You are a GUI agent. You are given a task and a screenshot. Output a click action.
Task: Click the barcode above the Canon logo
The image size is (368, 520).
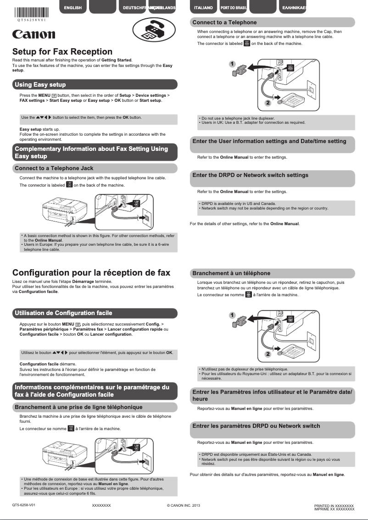click(30, 12)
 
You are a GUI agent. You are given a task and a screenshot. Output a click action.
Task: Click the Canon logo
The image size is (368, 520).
click(34, 35)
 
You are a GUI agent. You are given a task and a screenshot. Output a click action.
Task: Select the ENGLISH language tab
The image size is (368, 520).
click(73, 8)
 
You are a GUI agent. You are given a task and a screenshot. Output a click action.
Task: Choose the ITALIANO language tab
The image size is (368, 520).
click(203, 8)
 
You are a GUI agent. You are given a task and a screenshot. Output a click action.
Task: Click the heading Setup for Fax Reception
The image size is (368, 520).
click(62, 52)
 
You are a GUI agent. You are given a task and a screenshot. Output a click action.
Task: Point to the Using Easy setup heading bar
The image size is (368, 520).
click(95, 84)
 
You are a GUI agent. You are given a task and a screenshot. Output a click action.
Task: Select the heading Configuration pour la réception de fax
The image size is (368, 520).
click(91, 272)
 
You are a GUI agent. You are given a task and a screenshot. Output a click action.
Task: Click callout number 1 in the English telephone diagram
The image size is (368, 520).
click(233, 64)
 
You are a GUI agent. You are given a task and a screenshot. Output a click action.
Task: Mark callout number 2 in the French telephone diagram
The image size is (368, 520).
click(268, 354)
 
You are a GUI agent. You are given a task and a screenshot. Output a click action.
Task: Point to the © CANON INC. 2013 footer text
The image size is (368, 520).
click(184, 505)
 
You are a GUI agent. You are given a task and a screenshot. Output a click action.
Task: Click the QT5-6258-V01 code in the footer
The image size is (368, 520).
click(24, 505)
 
